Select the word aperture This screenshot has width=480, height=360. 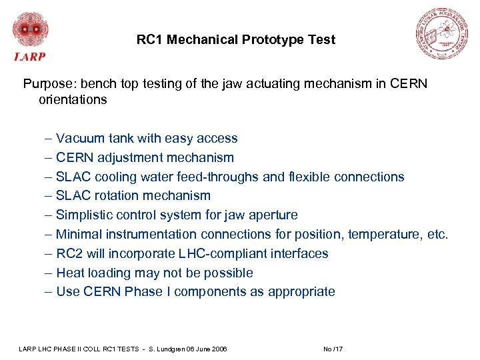(274, 215)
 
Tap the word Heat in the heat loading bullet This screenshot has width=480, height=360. (70, 273)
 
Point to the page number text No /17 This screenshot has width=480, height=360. (333, 349)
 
